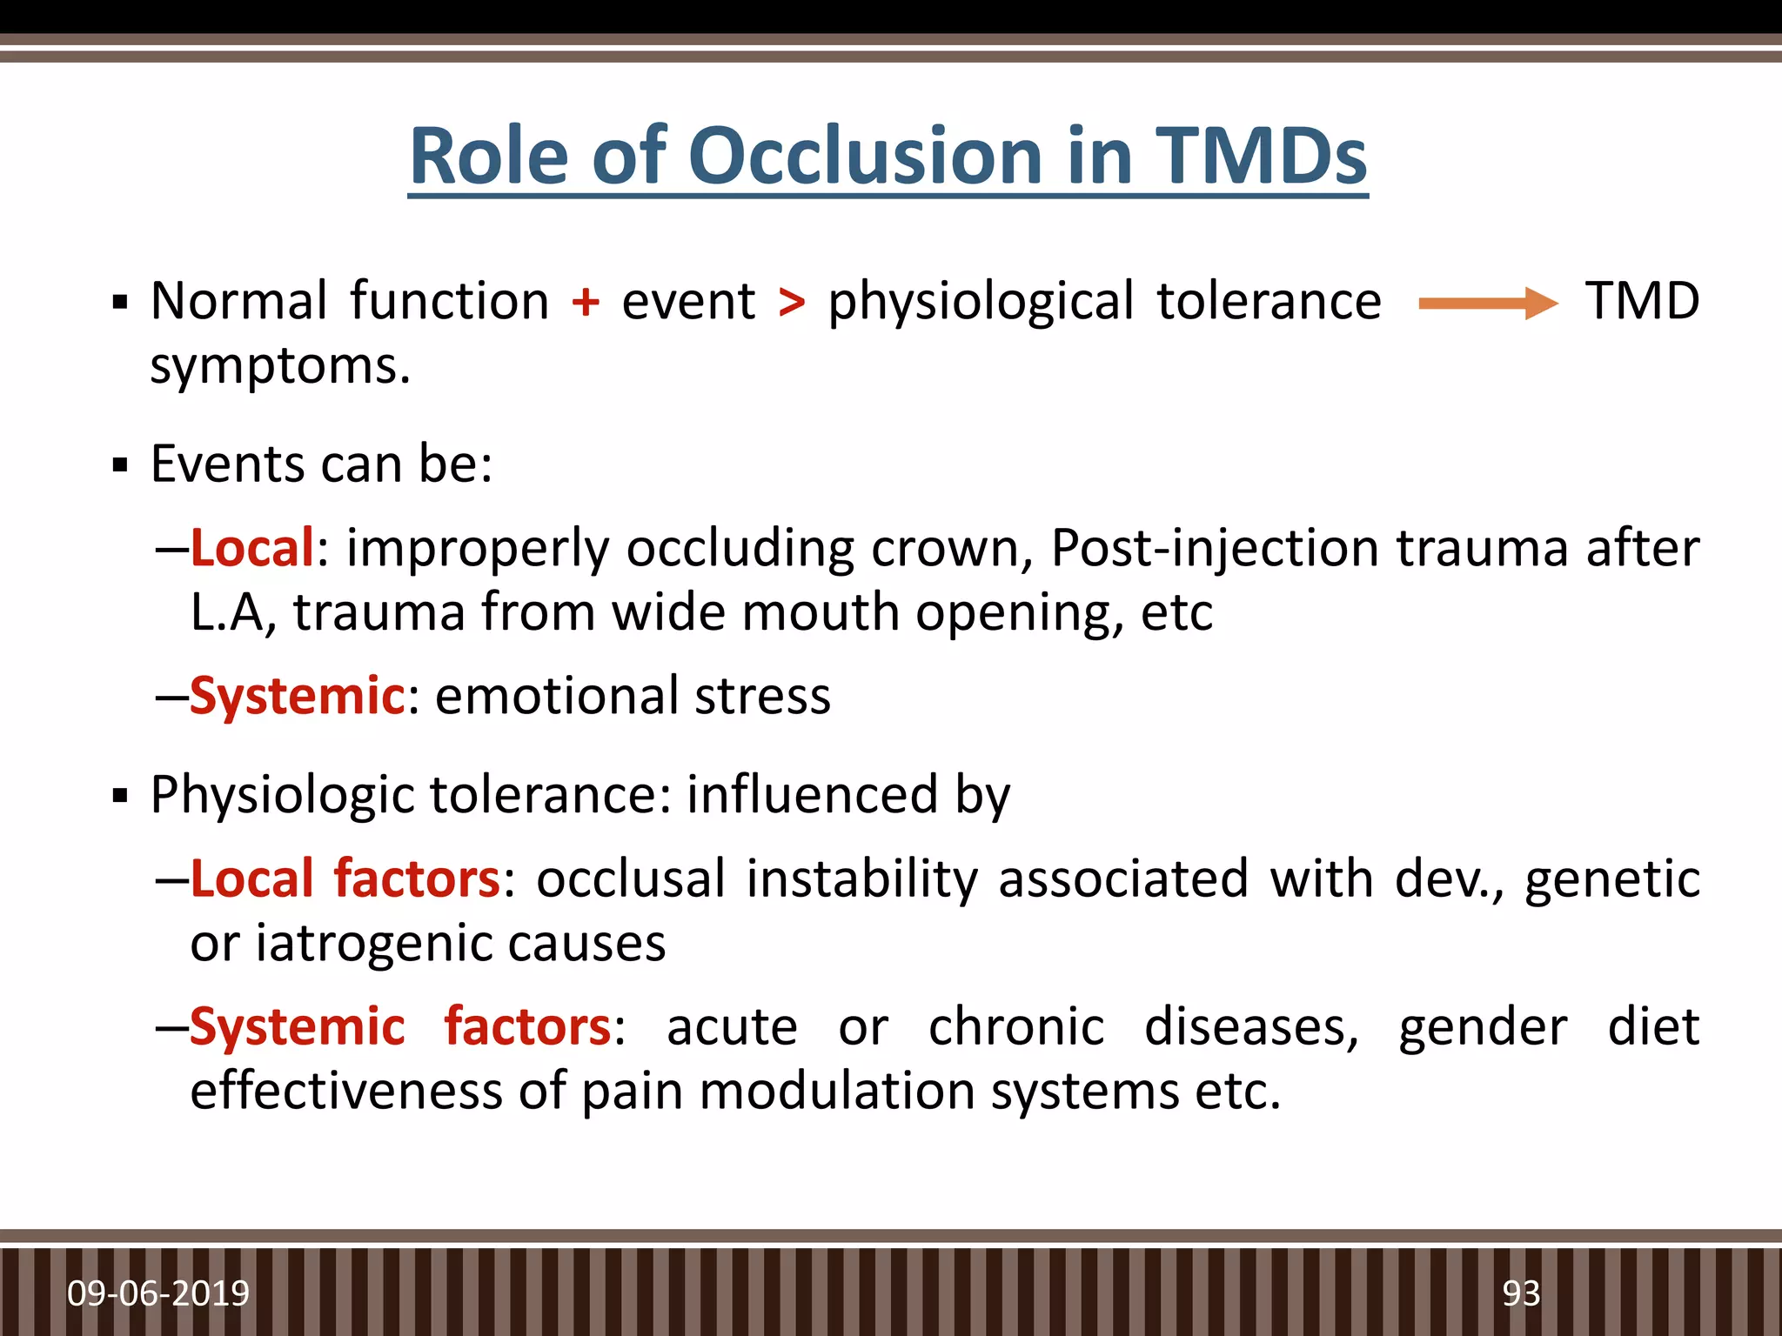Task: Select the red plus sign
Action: [586, 303]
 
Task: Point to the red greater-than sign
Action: [792, 303]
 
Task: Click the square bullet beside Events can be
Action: [120, 465]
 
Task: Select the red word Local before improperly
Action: [251, 548]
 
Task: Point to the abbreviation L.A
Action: [231, 612]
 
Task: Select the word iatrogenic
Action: [372, 945]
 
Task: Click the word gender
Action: [1483, 1028]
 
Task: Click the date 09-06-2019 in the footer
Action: [158, 1293]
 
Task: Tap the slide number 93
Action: [1521, 1293]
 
